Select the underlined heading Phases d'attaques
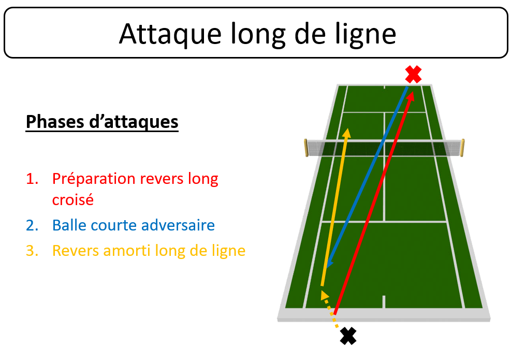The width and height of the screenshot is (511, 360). (102, 122)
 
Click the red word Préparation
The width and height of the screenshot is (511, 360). (94, 180)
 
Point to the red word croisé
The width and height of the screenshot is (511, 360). (72, 199)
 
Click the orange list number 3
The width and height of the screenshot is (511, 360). (32, 251)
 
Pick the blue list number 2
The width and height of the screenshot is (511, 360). (32, 225)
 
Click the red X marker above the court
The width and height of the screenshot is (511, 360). (413, 75)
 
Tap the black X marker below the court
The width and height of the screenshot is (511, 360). (348, 336)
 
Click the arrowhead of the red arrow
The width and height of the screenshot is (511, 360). (411, 96)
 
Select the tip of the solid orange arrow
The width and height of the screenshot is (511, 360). (347, 128)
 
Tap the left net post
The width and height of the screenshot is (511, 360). (306, 148)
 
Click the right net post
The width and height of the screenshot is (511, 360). (462, 148)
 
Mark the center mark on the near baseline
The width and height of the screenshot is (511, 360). (384, 301)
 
